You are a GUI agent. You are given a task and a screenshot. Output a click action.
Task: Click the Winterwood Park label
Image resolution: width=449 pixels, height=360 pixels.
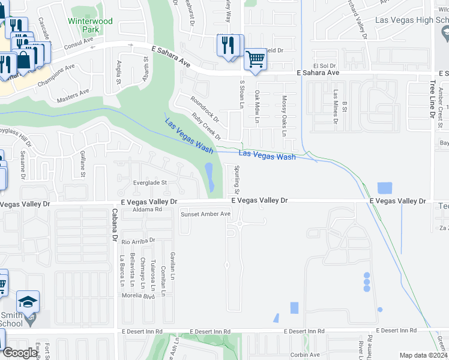(90, 25)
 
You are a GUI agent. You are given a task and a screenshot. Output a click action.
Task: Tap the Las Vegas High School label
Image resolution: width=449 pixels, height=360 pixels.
(411, 20)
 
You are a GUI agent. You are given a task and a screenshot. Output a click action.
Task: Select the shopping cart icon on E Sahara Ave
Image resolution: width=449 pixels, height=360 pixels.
(255, 59)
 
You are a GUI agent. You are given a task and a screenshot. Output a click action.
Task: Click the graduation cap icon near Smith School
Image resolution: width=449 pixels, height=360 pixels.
(28, 301)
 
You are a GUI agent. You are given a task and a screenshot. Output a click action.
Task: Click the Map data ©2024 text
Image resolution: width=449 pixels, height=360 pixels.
(424, 355)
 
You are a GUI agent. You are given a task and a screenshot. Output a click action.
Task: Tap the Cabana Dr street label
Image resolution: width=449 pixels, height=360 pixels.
(113, 224)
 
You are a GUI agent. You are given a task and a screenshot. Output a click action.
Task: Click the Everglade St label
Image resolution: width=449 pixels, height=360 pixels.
(149, 182)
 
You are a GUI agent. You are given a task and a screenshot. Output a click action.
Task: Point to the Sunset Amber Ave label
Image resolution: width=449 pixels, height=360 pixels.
(206, 214)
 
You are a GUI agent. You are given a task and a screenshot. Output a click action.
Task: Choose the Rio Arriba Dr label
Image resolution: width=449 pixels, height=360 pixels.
(138, 241)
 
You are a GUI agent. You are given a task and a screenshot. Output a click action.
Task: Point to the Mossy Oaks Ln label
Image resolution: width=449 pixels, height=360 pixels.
(285, 109)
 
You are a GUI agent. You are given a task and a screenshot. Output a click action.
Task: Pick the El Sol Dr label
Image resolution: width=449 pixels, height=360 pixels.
(322, 65)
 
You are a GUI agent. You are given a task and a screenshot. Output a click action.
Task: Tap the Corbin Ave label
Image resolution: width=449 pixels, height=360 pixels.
(305, 355)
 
